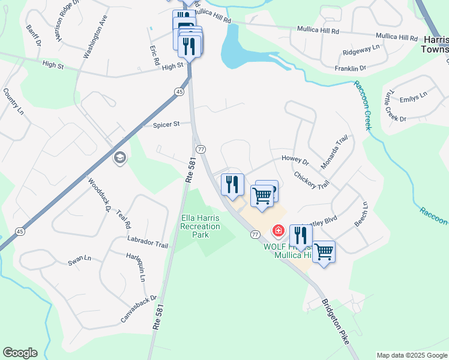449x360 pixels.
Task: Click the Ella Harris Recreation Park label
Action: pos(200,226)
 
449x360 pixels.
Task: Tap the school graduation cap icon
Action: pos(119,158)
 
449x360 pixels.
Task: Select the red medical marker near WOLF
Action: pos(279,230)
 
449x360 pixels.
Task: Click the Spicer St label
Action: pos(166,125)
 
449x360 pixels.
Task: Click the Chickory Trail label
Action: pos(312,181)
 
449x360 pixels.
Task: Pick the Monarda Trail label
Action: pos(334,153)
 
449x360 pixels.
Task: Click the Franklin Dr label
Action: pos(350,69)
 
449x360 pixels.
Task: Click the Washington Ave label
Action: pos(95,36)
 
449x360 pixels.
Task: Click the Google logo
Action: pos(20,353)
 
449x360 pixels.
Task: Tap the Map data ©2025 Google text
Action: pos(411,355)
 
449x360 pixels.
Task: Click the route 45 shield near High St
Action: pos(179,91)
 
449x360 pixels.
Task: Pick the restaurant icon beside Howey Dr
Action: pos(232,184)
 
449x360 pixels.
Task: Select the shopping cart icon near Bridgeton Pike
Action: pos(324,251)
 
